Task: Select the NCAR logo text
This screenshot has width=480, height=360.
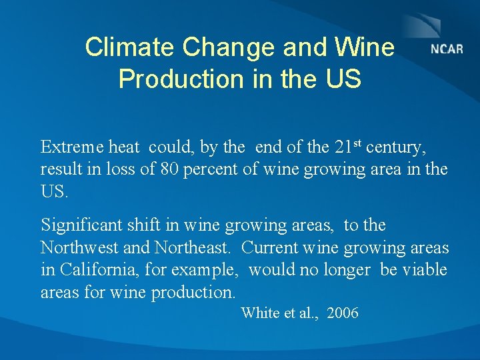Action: [x=447, y=49]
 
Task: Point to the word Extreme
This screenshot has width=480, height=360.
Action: [x=70, y=147]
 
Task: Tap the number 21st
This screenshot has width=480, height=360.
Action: [x=348, y=146]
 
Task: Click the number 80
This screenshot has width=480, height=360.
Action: [x=171, y=169]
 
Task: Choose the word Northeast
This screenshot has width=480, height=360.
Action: [x=193, y=248]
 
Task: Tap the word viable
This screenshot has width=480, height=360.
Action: [x=425, y=270]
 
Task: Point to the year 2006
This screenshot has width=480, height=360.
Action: [x=342, y=313]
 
